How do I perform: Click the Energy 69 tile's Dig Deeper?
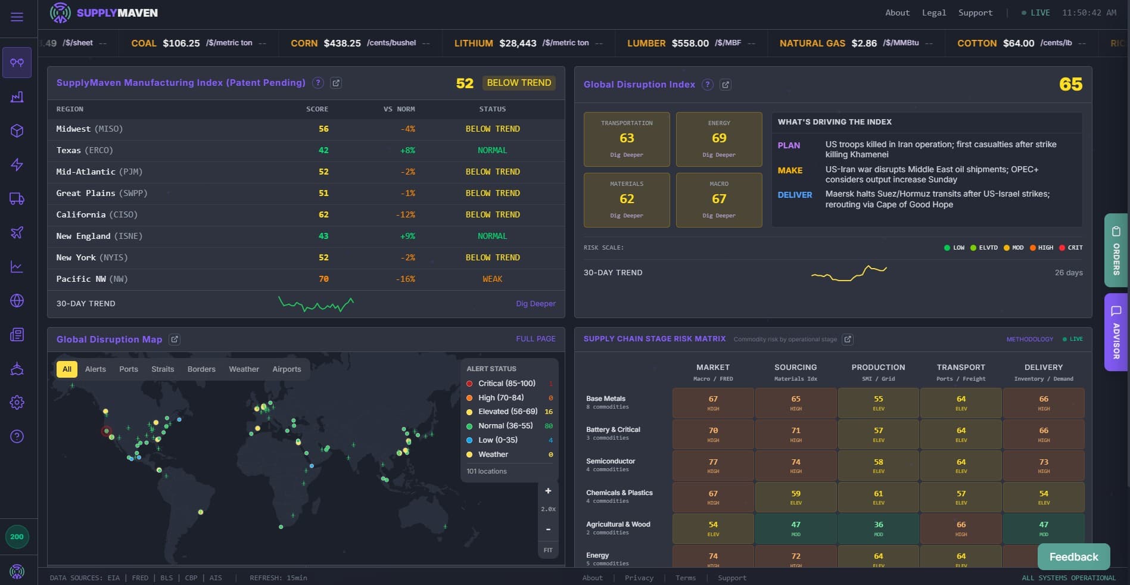coord(719,155)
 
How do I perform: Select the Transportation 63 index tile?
coord(627,139)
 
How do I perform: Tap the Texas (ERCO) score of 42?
coord(323,150)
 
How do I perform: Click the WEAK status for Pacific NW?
coord(492,279)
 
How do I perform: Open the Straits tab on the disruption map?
coord(163,369)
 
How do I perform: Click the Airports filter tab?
coord(287,369)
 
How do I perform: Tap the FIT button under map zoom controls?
coord(548,550)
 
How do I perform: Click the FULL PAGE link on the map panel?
coord(536,339)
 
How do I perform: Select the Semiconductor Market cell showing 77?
coord(713,465)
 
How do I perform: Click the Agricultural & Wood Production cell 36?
coord(878,528)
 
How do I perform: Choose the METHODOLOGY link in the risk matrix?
coord(1029,339)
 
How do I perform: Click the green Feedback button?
coord(1073,557)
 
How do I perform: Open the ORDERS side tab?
coord(1116,252)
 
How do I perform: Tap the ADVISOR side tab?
coord(1116,332)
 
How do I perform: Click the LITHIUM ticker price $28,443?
coord(518,43)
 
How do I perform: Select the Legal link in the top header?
coord(933,13)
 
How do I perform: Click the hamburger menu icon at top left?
coord(17,17)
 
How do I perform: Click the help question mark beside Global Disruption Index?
coord(708,85)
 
